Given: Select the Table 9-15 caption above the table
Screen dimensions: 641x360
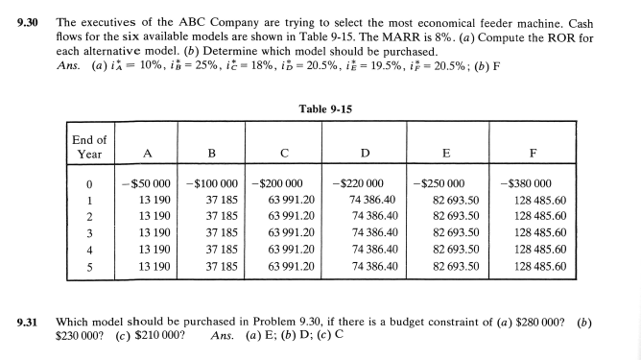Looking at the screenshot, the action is click(321, 108).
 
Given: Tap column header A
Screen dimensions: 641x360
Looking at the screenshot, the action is click(146, 151).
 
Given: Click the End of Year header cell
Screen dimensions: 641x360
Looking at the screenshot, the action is click(88, 145).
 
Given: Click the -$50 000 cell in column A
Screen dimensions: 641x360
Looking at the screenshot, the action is click(145, 183).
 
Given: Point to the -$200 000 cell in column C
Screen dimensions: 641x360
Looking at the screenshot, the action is click(278, 183).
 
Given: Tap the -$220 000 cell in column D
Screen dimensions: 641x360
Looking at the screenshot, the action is click(358, 183).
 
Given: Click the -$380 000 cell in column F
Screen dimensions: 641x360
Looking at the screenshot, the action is click(530, 183).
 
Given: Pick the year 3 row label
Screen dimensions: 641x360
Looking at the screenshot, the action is click(88, 231).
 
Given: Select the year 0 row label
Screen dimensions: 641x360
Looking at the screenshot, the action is click(88, 183).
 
